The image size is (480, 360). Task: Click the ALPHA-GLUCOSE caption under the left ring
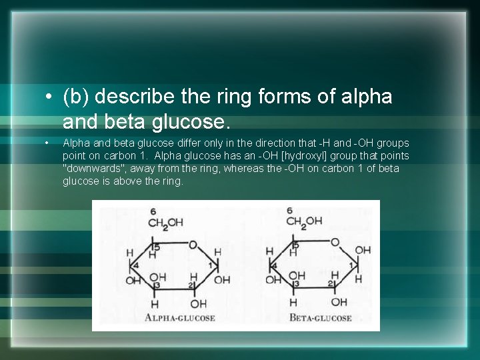tap(180, 318)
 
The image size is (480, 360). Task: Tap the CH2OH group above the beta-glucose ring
tap(304, 221)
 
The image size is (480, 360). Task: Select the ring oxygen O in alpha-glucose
tap(192, 245)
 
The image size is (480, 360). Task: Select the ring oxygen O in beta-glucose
tap(335, 242)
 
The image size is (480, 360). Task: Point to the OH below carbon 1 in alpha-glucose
tap(222, 279)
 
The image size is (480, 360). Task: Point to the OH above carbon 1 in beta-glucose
tap(363, 251)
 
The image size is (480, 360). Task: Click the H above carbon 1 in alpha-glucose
tap(217, 252)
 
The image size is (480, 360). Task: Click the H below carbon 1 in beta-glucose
tap(359, 279)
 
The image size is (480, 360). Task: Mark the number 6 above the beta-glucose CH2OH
tap(289, 211)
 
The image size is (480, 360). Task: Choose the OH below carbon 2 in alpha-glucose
tap(199, 303)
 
